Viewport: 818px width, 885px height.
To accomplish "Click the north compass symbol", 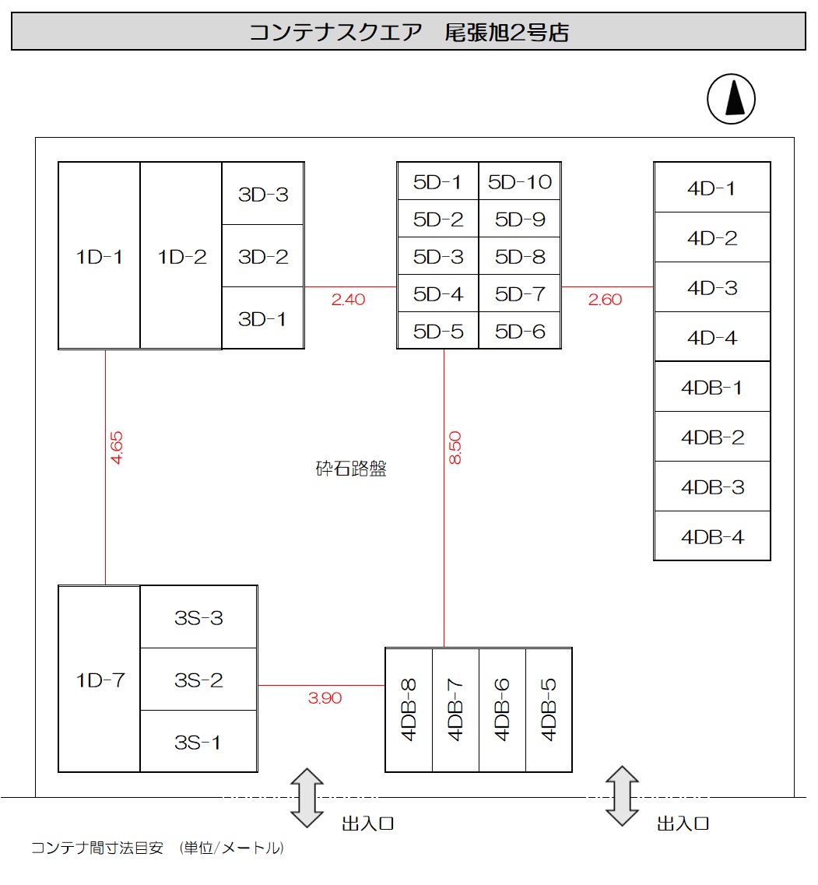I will click(x=731, y=100).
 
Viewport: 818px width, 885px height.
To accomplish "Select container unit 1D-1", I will click(x=100, y=256).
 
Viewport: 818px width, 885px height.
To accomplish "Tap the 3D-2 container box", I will click(x=263, y=256).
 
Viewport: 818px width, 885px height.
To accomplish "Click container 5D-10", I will click(x=519, y=182).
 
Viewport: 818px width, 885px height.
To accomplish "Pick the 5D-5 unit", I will click(x=438, y=332).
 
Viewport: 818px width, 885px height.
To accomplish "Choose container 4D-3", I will click(x=712, y=288).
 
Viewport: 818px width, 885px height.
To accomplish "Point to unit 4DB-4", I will click(x=712, y=537).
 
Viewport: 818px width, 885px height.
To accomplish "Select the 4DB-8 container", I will click(x=409, y=709).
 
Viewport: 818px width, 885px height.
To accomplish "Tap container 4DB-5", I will click(x=549, y=709).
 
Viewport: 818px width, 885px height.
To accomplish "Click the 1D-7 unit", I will click(x=100, y=680).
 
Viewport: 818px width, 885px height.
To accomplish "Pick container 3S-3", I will click(x=198, y=618).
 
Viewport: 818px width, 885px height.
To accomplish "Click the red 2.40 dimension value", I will click(x=348, y=299).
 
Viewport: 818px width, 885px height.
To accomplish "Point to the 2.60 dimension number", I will click(x=605, y=299).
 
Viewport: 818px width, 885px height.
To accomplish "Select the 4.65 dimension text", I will click(x=117, y=448).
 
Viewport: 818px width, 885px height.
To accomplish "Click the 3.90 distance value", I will click(x=325, y=698).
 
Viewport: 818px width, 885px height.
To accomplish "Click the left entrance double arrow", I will click(x=307, y=797).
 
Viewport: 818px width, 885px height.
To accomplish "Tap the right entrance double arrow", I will click(x=622, y=795).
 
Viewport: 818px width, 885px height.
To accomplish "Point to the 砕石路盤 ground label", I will click(x=350, y=469).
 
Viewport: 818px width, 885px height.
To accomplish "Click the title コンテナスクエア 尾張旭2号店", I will click(x=409, y=33).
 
